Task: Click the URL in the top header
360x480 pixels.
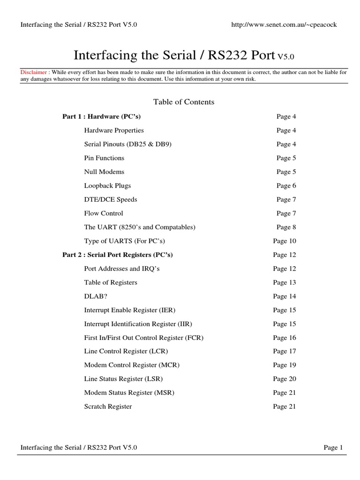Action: point(284,25)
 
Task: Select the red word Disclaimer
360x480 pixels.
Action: point(34,72)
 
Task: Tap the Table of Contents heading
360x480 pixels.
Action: point(184,102)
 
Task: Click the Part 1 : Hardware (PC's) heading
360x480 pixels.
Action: point(102,116)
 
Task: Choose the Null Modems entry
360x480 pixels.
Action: point(104,172)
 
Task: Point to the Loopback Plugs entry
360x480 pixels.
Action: point(107,186)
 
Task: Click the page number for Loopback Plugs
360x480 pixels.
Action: point(286,186)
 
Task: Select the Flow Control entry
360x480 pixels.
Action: point(103,213)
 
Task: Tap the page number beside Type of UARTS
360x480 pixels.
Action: point(285,241)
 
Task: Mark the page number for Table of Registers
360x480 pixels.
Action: point(285,283)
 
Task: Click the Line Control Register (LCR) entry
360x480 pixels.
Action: point(126,351)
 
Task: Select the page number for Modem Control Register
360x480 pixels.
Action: point(285,365)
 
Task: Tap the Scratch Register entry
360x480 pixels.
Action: point(108,406)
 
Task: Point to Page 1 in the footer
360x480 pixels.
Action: point(333,448)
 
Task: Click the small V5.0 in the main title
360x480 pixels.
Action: point(285,57)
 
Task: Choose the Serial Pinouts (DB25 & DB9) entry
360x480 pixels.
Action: point(128,144)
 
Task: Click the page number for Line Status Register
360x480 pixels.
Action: point(285,379)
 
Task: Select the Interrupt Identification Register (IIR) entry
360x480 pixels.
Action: point(138,324)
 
